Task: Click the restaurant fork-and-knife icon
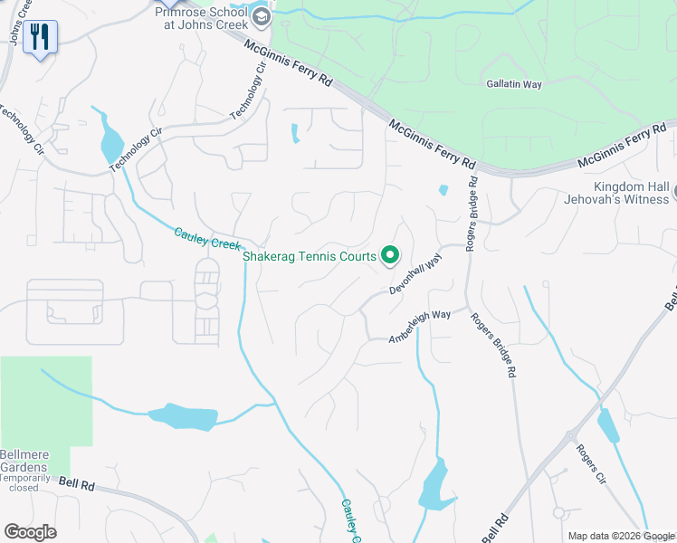(x=40, y=37)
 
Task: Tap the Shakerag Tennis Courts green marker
(x=390, y=256)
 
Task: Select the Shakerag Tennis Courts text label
(x=309, y=257)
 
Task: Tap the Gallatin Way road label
(x=514, y=84)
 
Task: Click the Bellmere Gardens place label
(x=24, y=460)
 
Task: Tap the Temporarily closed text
(x=24, y=481)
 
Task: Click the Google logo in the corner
(x=30, y=531)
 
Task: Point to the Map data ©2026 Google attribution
(x=621, y=536)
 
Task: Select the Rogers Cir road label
(x=589, y=463)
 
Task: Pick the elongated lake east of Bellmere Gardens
(x=184, y=417)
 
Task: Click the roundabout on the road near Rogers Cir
(x=571, y=436)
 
